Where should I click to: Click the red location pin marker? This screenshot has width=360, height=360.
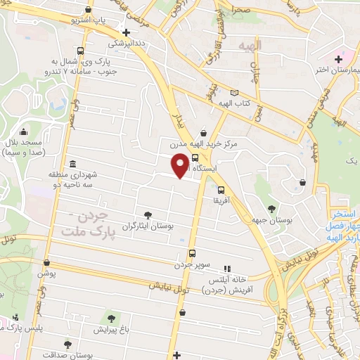(181, 165)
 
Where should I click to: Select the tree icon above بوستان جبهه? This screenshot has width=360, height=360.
(271, 208)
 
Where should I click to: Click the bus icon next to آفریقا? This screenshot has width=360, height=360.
(221, 189)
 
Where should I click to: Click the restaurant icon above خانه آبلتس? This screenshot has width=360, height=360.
(226, 269)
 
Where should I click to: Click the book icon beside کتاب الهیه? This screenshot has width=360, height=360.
(234, 93)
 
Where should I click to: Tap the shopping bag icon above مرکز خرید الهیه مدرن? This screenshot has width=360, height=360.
(203, 132)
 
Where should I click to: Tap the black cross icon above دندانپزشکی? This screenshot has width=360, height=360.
(126, 32)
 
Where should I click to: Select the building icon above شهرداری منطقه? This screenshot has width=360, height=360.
(74, 162)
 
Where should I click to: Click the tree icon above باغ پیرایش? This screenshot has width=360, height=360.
(110, 319)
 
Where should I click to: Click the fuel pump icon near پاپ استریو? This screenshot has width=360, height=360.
(86, 10)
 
